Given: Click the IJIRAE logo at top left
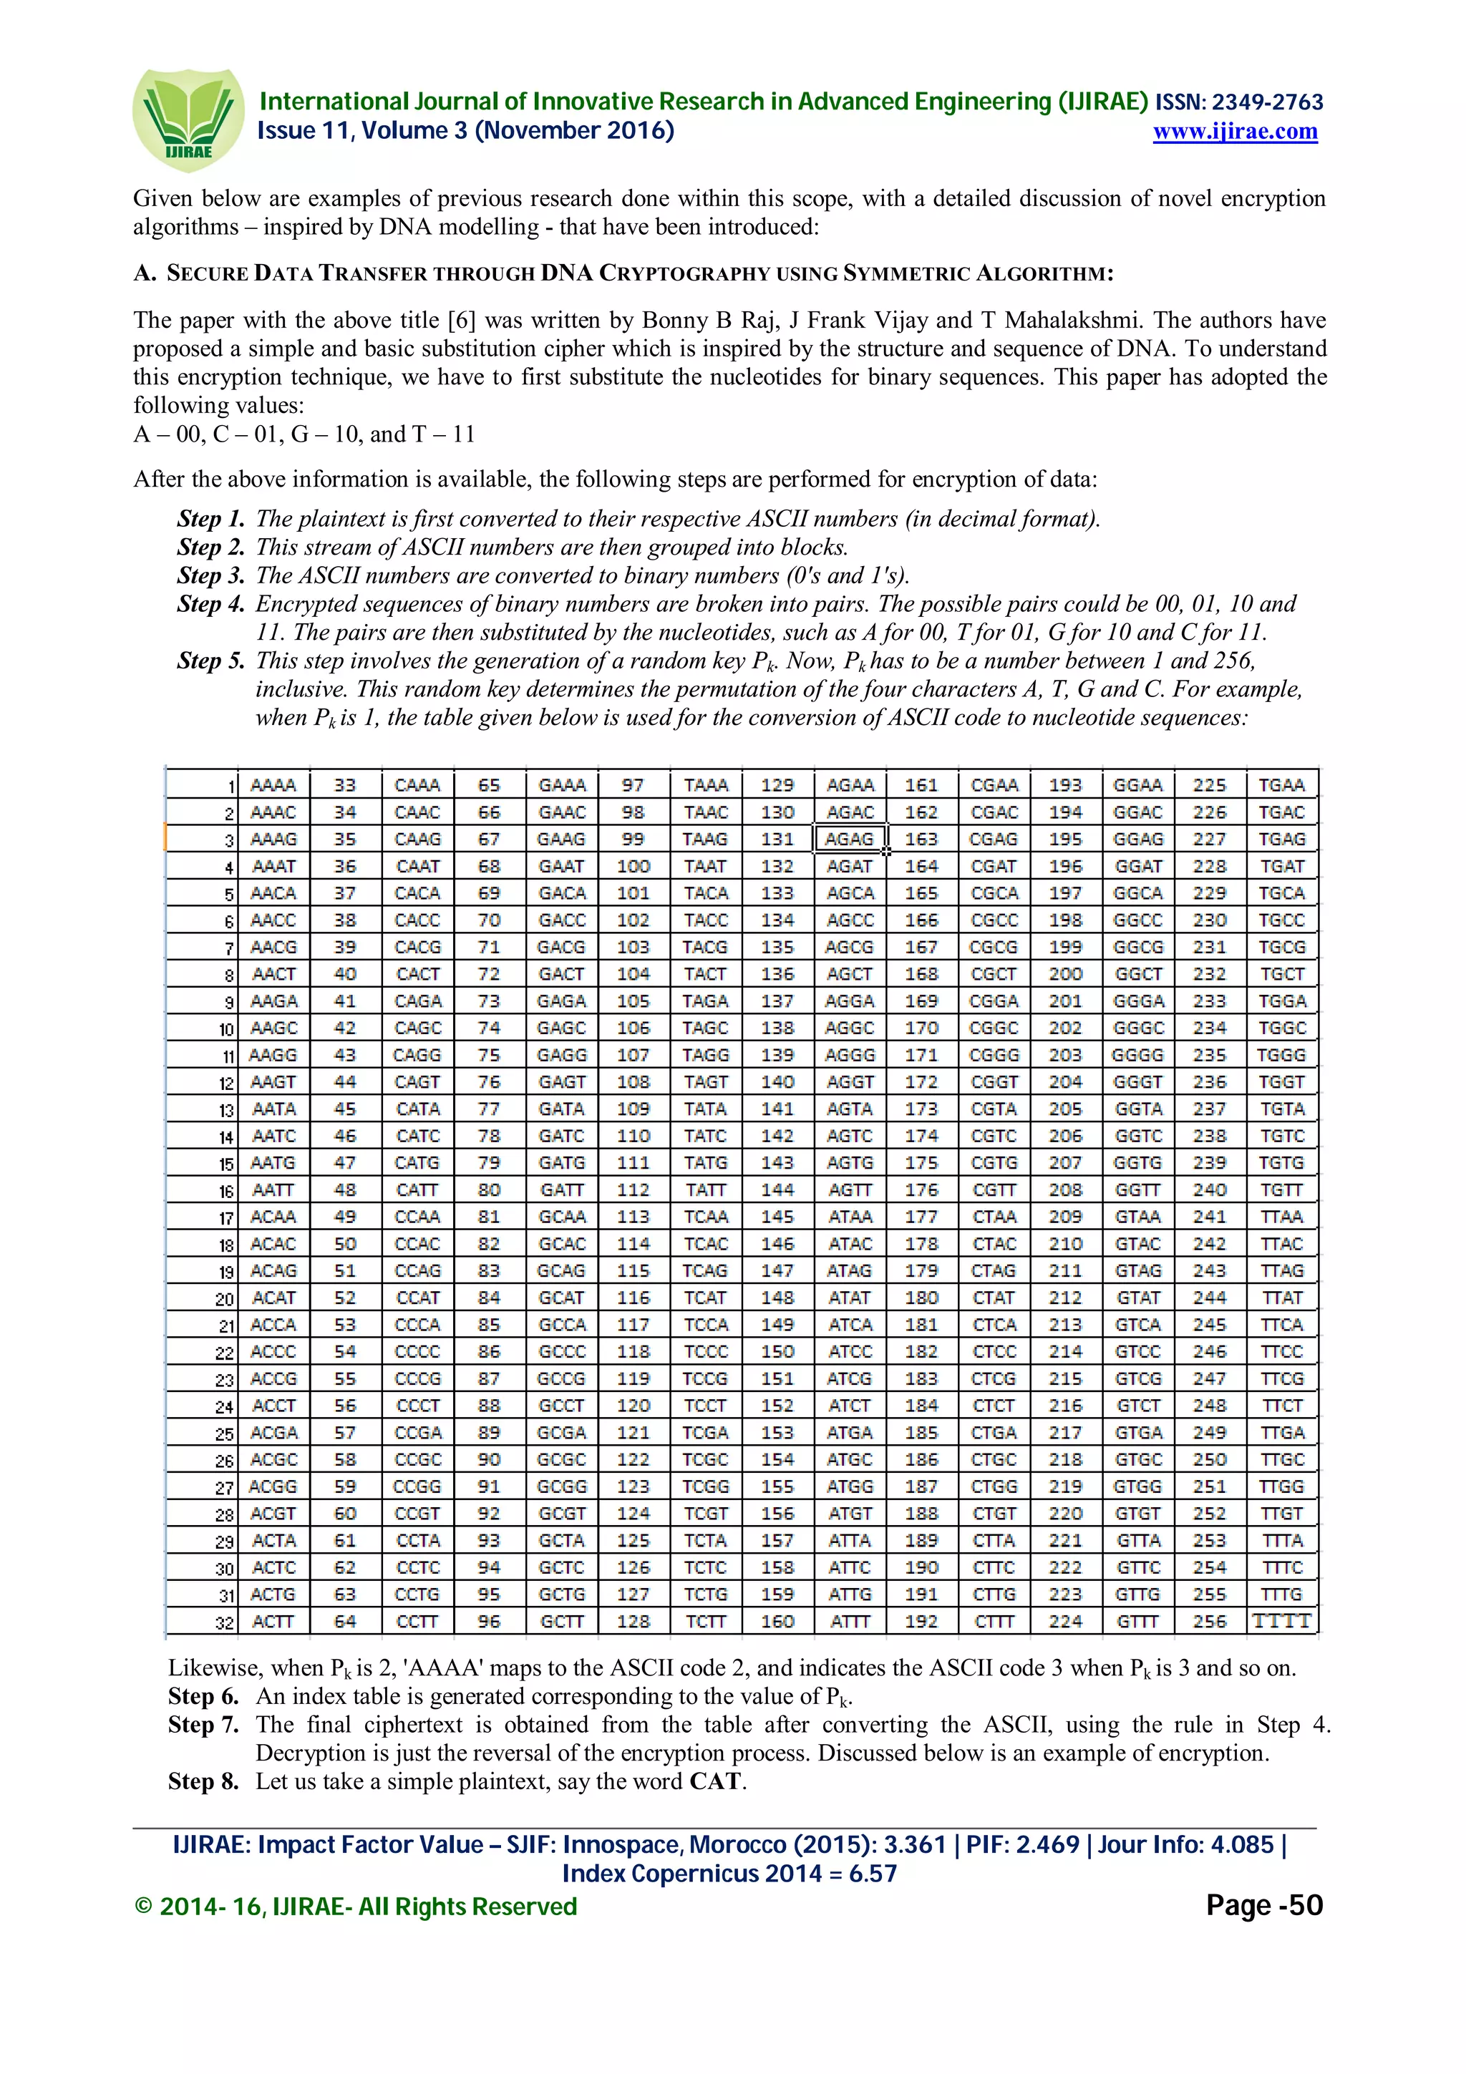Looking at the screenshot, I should (x=188, y=120).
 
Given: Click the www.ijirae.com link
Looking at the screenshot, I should (x=1234, y=132).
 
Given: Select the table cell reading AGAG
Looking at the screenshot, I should (x=849, y=839).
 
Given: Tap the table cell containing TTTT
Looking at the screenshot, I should (x=1281, y=1622).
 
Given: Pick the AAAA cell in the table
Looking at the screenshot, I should (x=273, y=785).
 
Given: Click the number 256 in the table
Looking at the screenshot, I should (x=1208, y=1622).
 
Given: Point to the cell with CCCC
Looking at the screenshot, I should (x=417, y=1351).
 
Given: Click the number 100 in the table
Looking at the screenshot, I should (x=632, y=866).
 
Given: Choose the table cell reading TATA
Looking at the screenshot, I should (x=704, y=1109).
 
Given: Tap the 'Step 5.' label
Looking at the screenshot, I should (x=210, y=661).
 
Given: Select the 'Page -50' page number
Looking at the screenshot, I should (x=1263, y=1905).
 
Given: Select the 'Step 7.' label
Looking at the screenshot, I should (x=203, y=1725).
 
